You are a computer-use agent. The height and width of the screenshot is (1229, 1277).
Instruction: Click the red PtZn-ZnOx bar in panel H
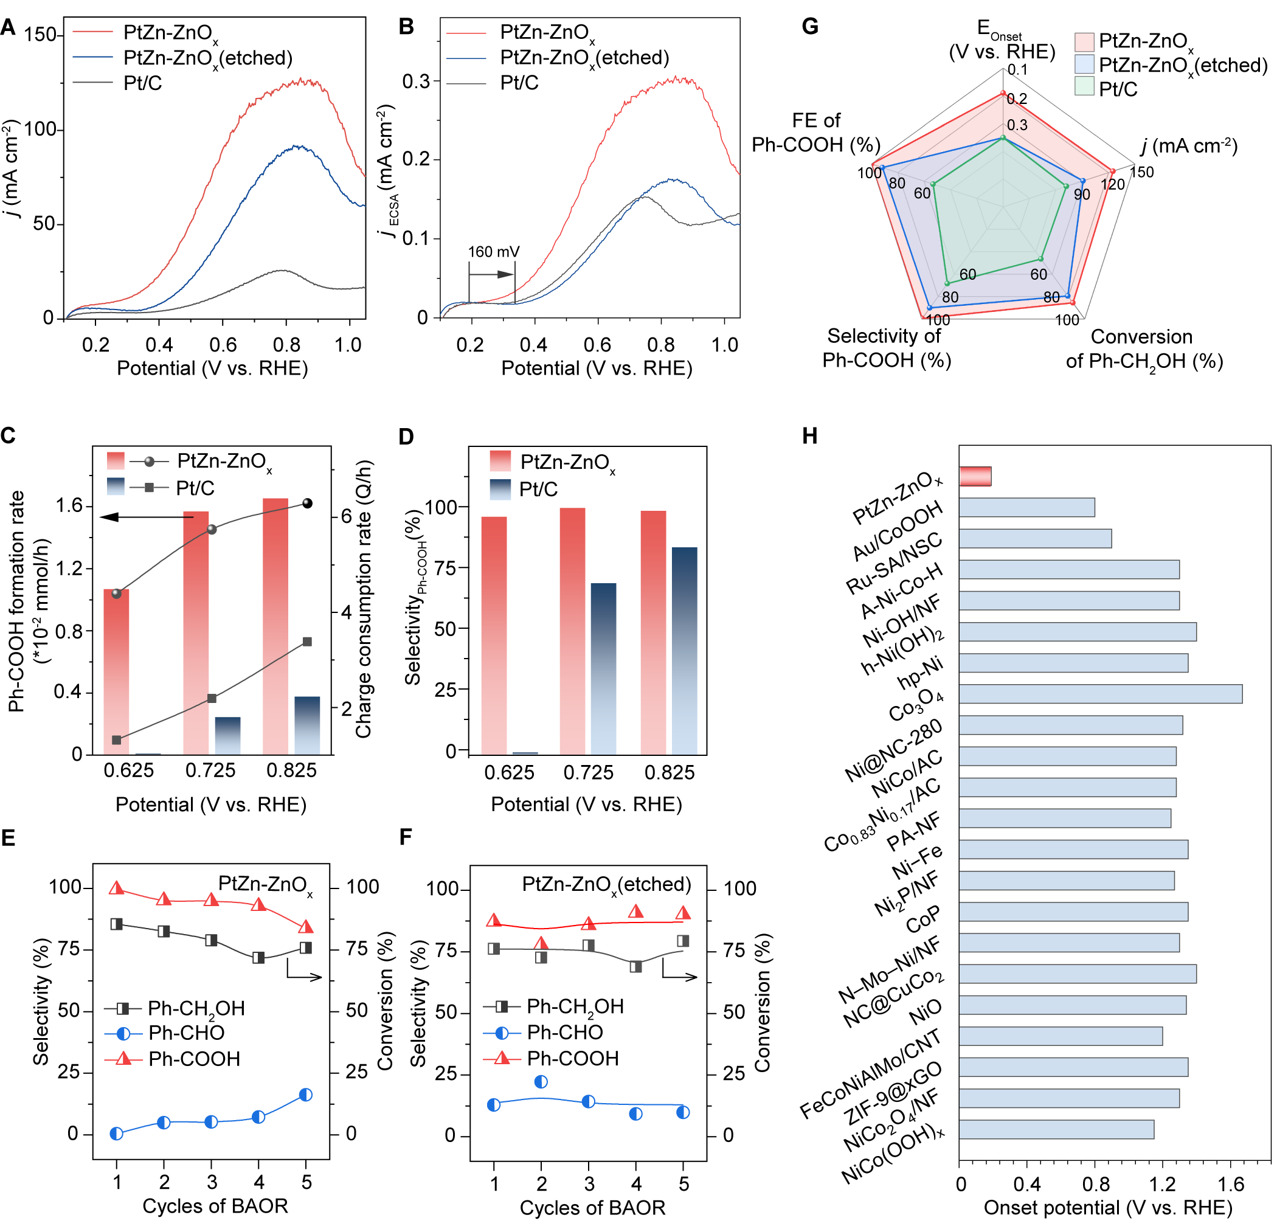[x=975, y=476]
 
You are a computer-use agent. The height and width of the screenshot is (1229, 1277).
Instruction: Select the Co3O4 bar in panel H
[x=1100, y=693]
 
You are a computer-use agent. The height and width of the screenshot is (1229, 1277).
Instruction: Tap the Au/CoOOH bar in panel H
[x=1026, y=507]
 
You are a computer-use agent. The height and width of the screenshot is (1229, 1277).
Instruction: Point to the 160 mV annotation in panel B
[x=493, y=252]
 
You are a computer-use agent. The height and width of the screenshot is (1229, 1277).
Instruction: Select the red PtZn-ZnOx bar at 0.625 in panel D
[x=493, y=635]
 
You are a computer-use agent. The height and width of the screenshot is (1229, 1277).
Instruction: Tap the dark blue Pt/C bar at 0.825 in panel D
[x=684, y=650]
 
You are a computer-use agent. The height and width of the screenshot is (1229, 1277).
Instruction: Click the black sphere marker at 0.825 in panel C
[x=308, y=503]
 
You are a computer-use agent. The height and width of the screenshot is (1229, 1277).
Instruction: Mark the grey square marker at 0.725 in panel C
[x=212, y=699]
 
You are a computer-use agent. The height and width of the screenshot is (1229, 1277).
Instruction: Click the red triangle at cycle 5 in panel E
[x=305, y=927]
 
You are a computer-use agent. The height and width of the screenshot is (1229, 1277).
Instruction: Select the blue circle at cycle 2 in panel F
[x=541, y=1082]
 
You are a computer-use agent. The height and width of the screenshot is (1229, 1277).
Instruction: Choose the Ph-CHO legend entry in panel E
[x=186, y=1033]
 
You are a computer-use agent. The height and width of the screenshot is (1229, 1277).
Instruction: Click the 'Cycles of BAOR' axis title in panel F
[x=592, y=1208]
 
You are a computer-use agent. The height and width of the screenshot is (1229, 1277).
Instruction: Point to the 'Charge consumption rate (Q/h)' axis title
[x=364, y=600]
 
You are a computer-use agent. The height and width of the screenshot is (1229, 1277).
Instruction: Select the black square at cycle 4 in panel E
[x=258, y=957]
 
